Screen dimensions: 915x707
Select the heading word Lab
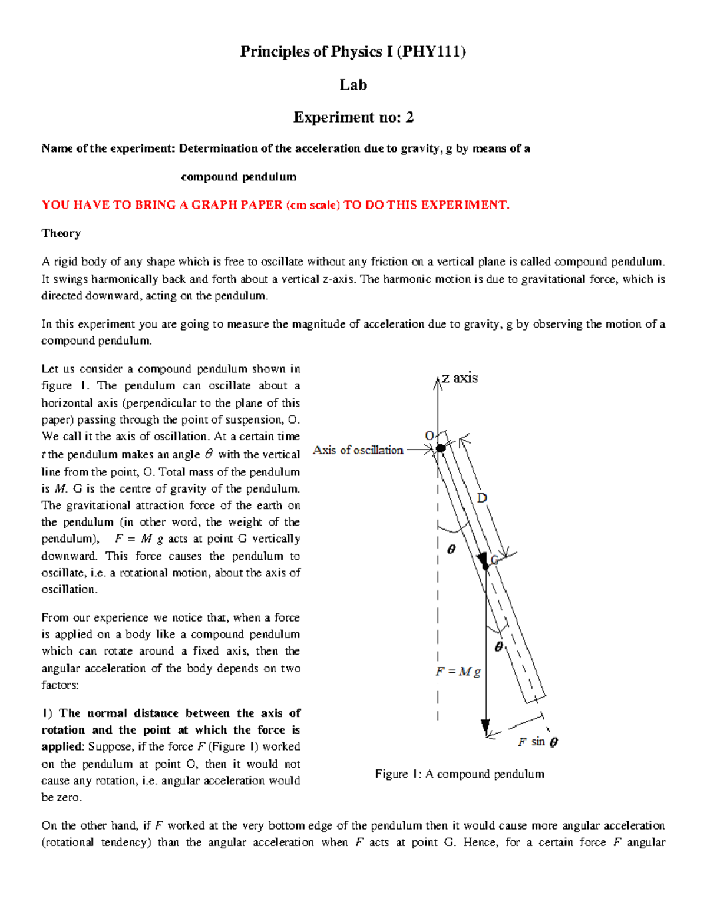pos(353,85)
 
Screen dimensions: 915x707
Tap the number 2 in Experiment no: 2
pos(409,117)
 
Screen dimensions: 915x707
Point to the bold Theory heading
pos(61,233)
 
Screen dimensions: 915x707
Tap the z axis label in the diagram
pos(460,378)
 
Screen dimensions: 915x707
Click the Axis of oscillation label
pos(358,450)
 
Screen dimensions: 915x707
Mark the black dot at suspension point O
pos(441,448)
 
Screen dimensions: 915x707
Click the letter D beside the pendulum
pos(482,498)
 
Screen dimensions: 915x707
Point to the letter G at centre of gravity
pos(495,560)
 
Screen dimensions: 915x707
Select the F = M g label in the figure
pos(458,672)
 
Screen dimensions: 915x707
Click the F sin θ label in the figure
pos(537,742)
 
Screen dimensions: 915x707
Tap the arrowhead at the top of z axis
pos(438,383)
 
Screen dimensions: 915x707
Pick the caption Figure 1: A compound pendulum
pos(460,774)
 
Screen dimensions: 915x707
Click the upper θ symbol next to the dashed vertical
pos(451,549)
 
